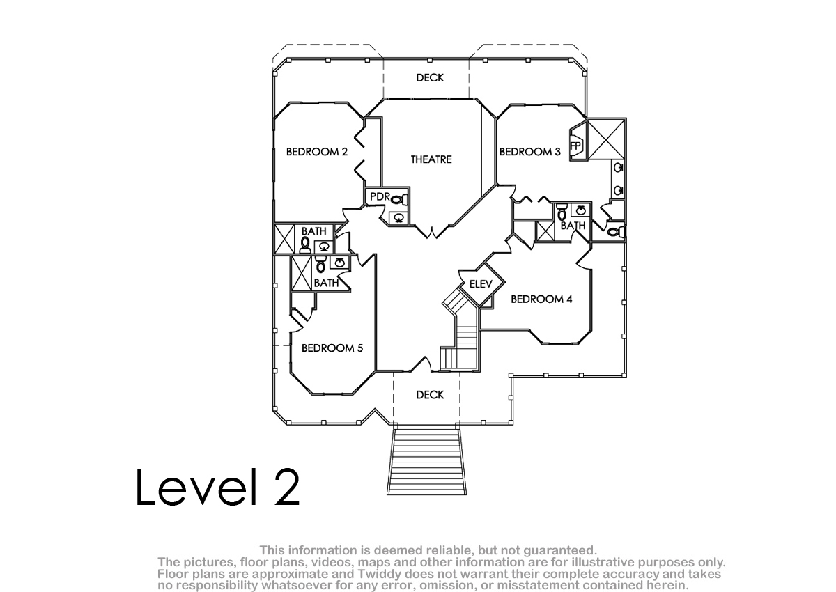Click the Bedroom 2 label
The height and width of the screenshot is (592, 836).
click(x=317, y=152)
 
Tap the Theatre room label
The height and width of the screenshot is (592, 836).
click(x=431, y=159)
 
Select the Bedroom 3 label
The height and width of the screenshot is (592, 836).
click(x=530, y=152)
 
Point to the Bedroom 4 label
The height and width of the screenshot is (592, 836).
click(x=541, y=299)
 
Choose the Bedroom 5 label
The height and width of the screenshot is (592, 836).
click(x=332, y=348)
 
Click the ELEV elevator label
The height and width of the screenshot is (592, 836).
click(x=481, y=284)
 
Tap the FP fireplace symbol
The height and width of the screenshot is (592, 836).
click(x=576, y=146)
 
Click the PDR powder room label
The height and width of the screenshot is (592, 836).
click(x=380, y=196)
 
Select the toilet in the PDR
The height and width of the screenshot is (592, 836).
click(x=399, y=200)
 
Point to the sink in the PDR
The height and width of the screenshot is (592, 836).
click(x=399, y=218)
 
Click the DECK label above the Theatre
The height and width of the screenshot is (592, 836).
click(x=430, y=77)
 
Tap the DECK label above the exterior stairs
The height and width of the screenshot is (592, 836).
click(x=430, y=395)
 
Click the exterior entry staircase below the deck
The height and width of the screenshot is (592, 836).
click(x=426, y=462)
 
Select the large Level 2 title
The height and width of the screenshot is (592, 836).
click(x=217, y=487)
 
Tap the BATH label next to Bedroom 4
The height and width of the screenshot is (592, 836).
click(x=573, y=226)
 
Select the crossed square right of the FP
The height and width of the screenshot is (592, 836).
click(x=607, y=139)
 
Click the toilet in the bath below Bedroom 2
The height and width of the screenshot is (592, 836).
click(x=305, y=244)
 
